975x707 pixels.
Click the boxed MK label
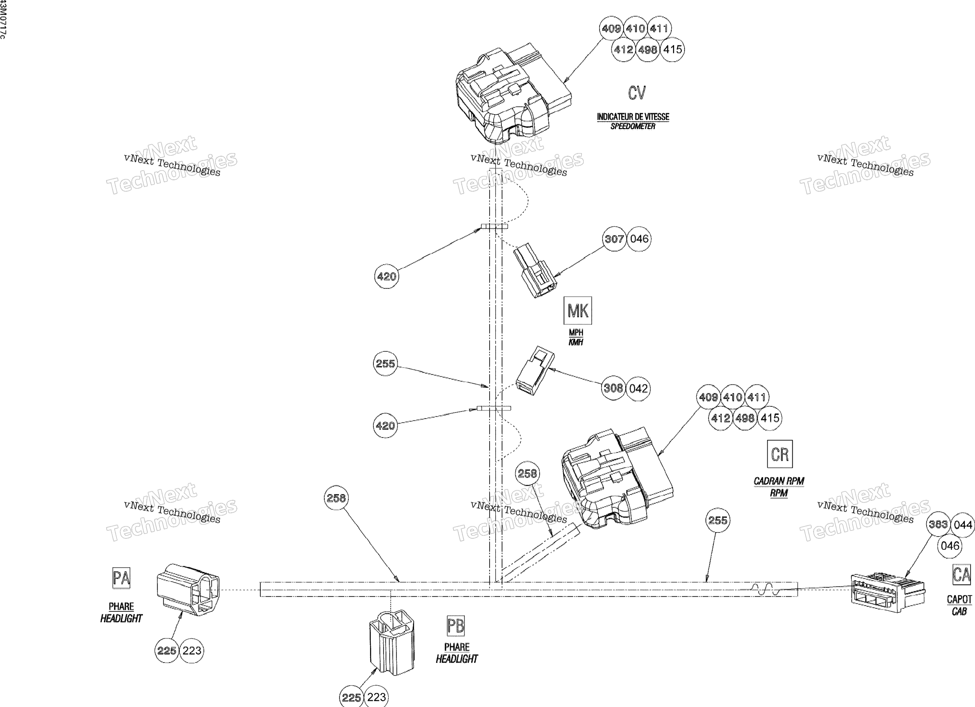[x=577, y=310]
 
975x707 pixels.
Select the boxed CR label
[x=780, y=454]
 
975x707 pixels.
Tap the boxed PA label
[x=121, y=578]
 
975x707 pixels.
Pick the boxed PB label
[x=456, y=626]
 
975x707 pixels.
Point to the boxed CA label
[x=962, y=575]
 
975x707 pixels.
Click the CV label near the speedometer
[x=637, y=93]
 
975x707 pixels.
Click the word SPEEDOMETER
[x=633, y=126]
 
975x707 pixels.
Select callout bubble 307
[x=614, y=239]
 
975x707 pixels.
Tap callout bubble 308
[x=613, y=388]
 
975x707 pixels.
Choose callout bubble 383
[x=938, y=524]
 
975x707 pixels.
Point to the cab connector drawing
[x=888, y=592]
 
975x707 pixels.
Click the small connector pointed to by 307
[x=535, y=271]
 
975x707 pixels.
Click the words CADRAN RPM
[x=779, y=481]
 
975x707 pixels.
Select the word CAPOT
[x=960, y=599]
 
